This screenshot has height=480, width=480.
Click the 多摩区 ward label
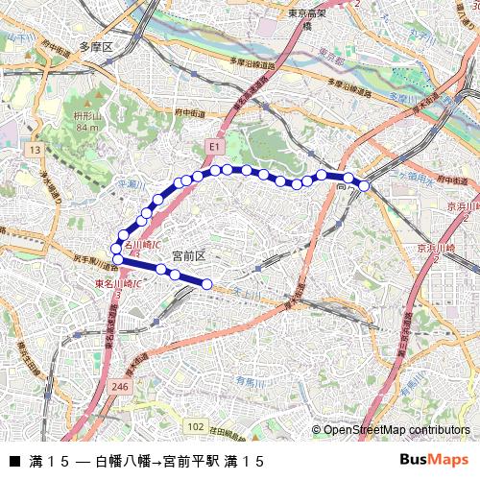[96, 46]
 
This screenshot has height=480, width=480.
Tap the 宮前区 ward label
[188, 255]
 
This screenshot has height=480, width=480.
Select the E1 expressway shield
[214, 146]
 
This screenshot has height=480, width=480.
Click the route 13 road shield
[35, 151]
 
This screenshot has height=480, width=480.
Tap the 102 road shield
[196, 425]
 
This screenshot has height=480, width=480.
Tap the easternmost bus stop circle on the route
[364, 185]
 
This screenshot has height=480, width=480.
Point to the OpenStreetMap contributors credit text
[391, 430]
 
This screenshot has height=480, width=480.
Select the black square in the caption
[13, 462]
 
